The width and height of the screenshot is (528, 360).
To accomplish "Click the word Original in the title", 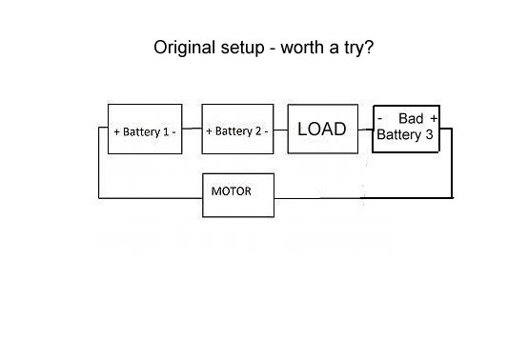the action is click(x=184, y=48).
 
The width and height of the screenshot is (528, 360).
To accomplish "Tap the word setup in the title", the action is click(x=242, y=49).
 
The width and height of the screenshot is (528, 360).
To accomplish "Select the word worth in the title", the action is click(x=302, y=47).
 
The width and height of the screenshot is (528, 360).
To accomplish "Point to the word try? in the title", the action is click(x=359, y=49).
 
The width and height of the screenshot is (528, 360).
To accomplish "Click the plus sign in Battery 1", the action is click(x=117, y=131).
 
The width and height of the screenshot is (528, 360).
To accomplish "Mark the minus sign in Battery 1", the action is click(x=173, y=132).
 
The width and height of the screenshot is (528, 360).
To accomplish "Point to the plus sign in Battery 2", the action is click(x=209, y=131).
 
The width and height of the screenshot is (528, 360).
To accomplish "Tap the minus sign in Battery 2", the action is click(x=266, y=131).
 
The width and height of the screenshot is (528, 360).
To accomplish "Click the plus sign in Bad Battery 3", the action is click(x=434, y=118).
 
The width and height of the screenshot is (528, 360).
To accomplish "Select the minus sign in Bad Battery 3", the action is click(x=380, y=119).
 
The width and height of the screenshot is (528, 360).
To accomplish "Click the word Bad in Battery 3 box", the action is click(x=411, y=118).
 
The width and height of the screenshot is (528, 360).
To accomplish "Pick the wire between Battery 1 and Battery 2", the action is click(x=192, y=129).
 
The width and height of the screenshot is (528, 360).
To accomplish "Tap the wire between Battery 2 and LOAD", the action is click(x=280, y=130).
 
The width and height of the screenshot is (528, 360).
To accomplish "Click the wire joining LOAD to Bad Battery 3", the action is click(x=365, y=130).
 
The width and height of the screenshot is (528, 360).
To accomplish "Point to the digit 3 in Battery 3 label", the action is click(x=429, y=134).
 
